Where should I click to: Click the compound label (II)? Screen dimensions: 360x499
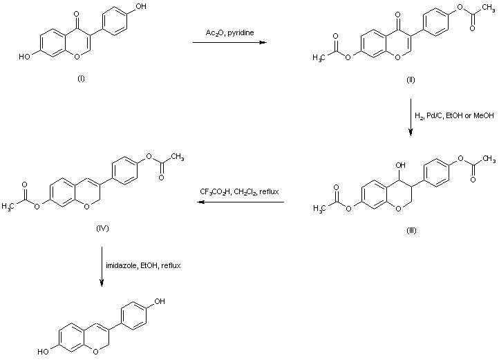tap(411, 81)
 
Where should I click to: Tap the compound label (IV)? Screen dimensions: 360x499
tap(103, 227)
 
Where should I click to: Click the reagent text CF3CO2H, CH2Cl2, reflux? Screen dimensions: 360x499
tap(240, 191)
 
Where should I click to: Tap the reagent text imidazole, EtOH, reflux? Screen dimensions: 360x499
tap(143, 265)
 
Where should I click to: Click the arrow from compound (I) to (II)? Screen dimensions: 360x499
tap(229, 44)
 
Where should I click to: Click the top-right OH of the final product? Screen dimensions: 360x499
tap(160, 301)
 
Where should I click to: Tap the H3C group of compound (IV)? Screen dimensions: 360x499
tap(8, 205)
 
